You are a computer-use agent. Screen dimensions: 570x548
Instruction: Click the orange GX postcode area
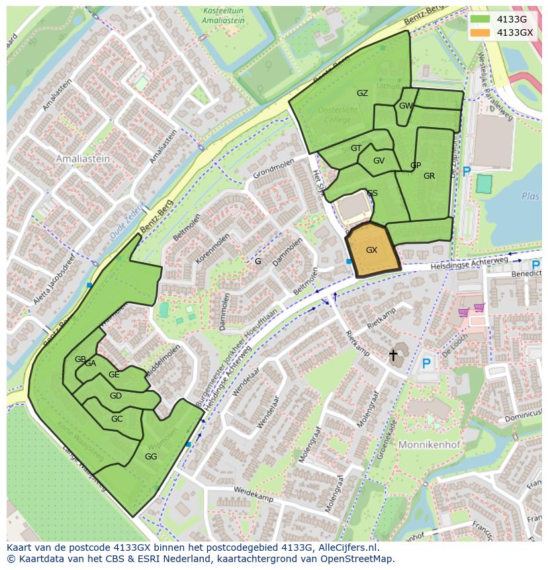(x=372, y=250)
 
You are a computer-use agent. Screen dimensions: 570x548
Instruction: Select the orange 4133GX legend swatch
(x=480, y=32)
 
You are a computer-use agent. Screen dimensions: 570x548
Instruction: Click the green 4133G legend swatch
(x=480, y=19)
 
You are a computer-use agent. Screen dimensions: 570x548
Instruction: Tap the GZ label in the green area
(x=362, y=93)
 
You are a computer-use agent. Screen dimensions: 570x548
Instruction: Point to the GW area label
(x=406, y=106)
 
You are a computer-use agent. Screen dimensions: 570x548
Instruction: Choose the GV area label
(x=379, y=161)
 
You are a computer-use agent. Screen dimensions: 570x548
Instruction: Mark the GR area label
(x=429, y=176)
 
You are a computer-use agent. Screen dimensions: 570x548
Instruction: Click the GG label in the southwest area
(x=151, y=457)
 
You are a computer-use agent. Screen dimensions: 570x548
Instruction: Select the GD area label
(x=116, y=396)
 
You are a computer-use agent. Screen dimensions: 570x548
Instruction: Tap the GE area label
(x=114, y=375)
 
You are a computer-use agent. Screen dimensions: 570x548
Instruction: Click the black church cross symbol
(x=393, y=356)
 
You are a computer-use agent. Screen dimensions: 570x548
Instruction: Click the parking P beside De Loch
(x=426, y=363)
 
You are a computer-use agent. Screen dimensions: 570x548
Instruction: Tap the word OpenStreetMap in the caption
(x=356, y=559)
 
